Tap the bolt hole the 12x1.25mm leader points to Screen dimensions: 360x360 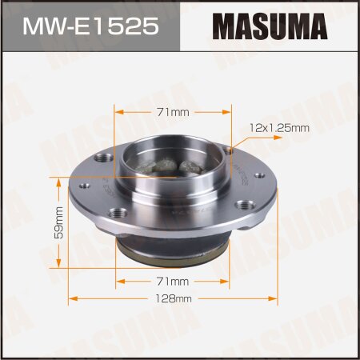[x=228, y=150]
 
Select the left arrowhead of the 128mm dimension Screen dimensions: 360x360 [x=71, y=299]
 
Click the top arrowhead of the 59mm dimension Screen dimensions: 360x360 [x=58, y=179]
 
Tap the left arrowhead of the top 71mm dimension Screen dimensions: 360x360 [x=118, y=112]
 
